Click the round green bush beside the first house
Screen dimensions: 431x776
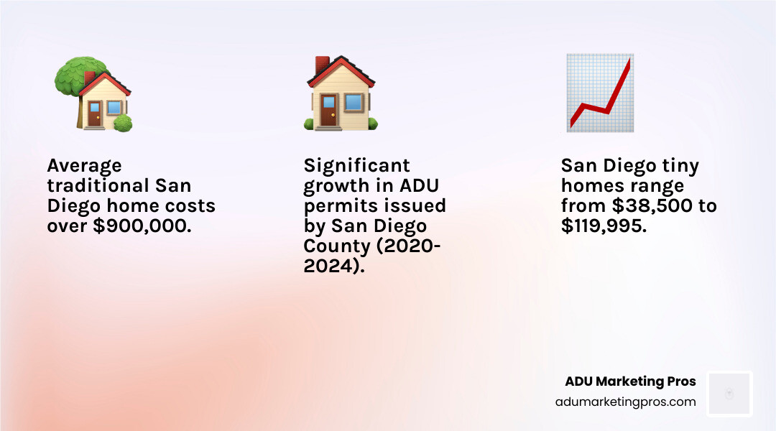pos(123,122)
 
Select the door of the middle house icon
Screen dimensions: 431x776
pos(328,111)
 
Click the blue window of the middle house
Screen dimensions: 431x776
pos(353,102)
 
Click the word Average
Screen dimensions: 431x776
pos(84,166)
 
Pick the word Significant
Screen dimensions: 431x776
pos(356,166)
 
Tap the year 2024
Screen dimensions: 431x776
pos(328,267)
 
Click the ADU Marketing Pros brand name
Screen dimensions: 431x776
pos(630,381)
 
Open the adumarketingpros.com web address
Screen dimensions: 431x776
pos(625,402)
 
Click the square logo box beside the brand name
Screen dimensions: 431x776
pos(729,394)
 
